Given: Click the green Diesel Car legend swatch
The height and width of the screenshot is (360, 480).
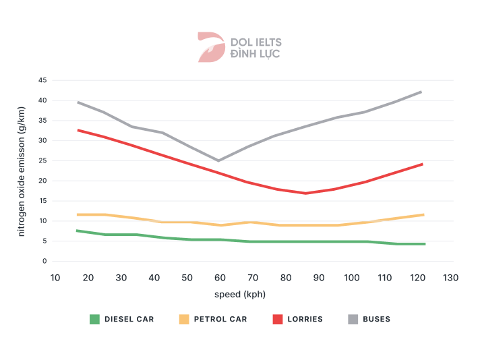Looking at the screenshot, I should tap(94, 319).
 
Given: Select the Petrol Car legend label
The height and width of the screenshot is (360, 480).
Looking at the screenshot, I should tap(220, 319).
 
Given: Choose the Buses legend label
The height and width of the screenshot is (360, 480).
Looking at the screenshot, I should tap(376, 319).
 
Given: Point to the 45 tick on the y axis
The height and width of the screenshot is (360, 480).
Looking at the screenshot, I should tap(42, 80).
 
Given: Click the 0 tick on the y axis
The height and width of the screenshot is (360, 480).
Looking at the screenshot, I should tap(44, 261).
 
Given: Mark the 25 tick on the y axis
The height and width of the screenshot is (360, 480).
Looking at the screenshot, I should tap(42, 160).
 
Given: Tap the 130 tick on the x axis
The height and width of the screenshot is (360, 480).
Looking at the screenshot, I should tap(451, 278).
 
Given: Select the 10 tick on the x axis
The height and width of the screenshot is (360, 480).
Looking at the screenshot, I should tap(55, 278).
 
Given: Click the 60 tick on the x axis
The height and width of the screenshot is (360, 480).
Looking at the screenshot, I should tap(220, 278).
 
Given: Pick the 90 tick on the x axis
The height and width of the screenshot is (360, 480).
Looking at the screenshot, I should tap(319, 278).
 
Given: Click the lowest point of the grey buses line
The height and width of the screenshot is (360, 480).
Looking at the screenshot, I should tap(218, 160).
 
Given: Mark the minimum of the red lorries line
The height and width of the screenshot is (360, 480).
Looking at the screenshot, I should tap(305, 193).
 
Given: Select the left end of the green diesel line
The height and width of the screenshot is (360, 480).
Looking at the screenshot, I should tap(78, 231).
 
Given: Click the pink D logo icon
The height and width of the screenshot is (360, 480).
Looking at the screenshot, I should tap(210, 47).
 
